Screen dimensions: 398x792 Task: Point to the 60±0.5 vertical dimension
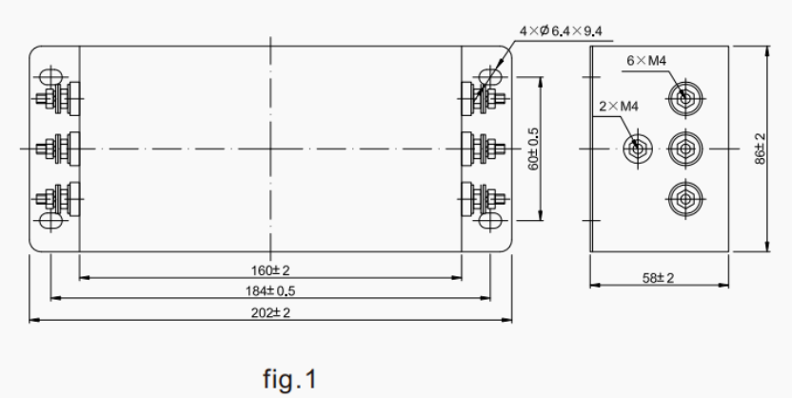pos(534,149)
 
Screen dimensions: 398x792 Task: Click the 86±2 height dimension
pos(759,149)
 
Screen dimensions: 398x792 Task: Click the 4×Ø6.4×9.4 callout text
pos(561,31)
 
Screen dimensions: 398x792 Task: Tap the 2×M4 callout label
pos(616,106)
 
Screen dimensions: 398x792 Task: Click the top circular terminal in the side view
pos(682,97)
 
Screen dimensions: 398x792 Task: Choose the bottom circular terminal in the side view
pos(682,198)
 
